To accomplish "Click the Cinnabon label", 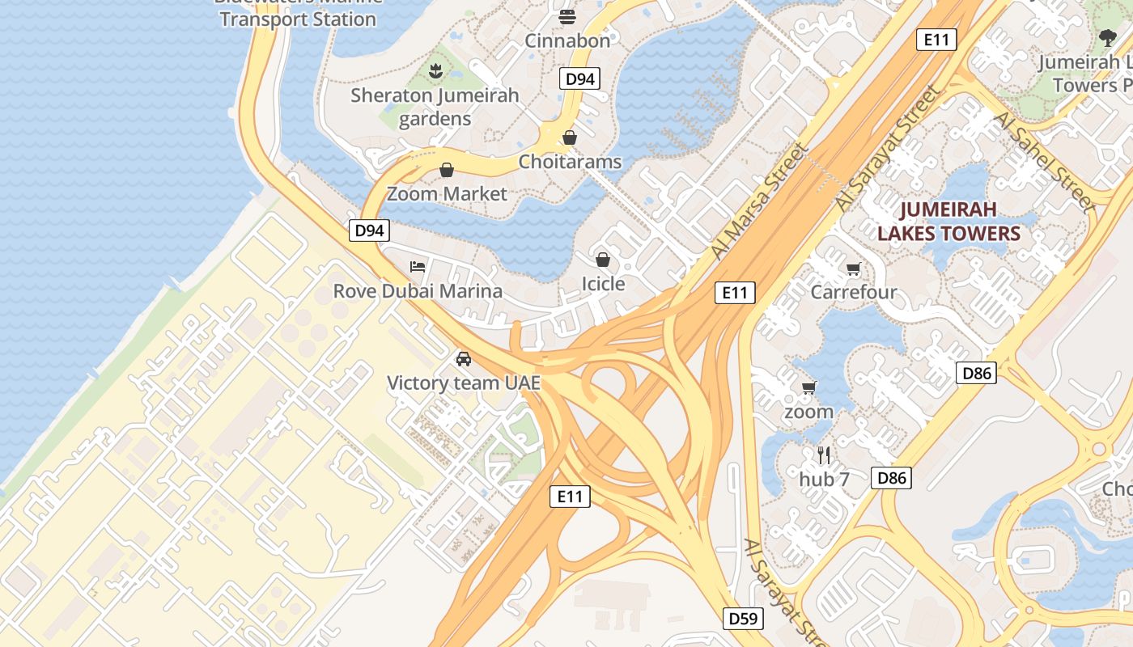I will [567, 40].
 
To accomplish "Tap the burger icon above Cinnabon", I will [567, 16].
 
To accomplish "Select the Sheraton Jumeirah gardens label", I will [435, 107].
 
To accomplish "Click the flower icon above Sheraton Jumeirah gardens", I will [436, 70].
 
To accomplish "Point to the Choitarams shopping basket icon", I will [570, 137].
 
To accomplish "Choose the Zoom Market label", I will [447, 194].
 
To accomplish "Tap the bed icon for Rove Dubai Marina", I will [418, 266].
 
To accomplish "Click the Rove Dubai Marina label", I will [418, 291].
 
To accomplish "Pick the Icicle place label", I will [603, 284].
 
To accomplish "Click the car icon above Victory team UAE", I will [463, 358].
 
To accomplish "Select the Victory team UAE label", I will [463, 383].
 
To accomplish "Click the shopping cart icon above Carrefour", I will [853, 269].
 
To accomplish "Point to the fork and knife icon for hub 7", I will [824, 455].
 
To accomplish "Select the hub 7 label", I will [824, 480].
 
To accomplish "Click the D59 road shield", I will [742, 620].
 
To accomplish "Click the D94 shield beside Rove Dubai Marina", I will [370, 230].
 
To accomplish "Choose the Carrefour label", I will [854, 292].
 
